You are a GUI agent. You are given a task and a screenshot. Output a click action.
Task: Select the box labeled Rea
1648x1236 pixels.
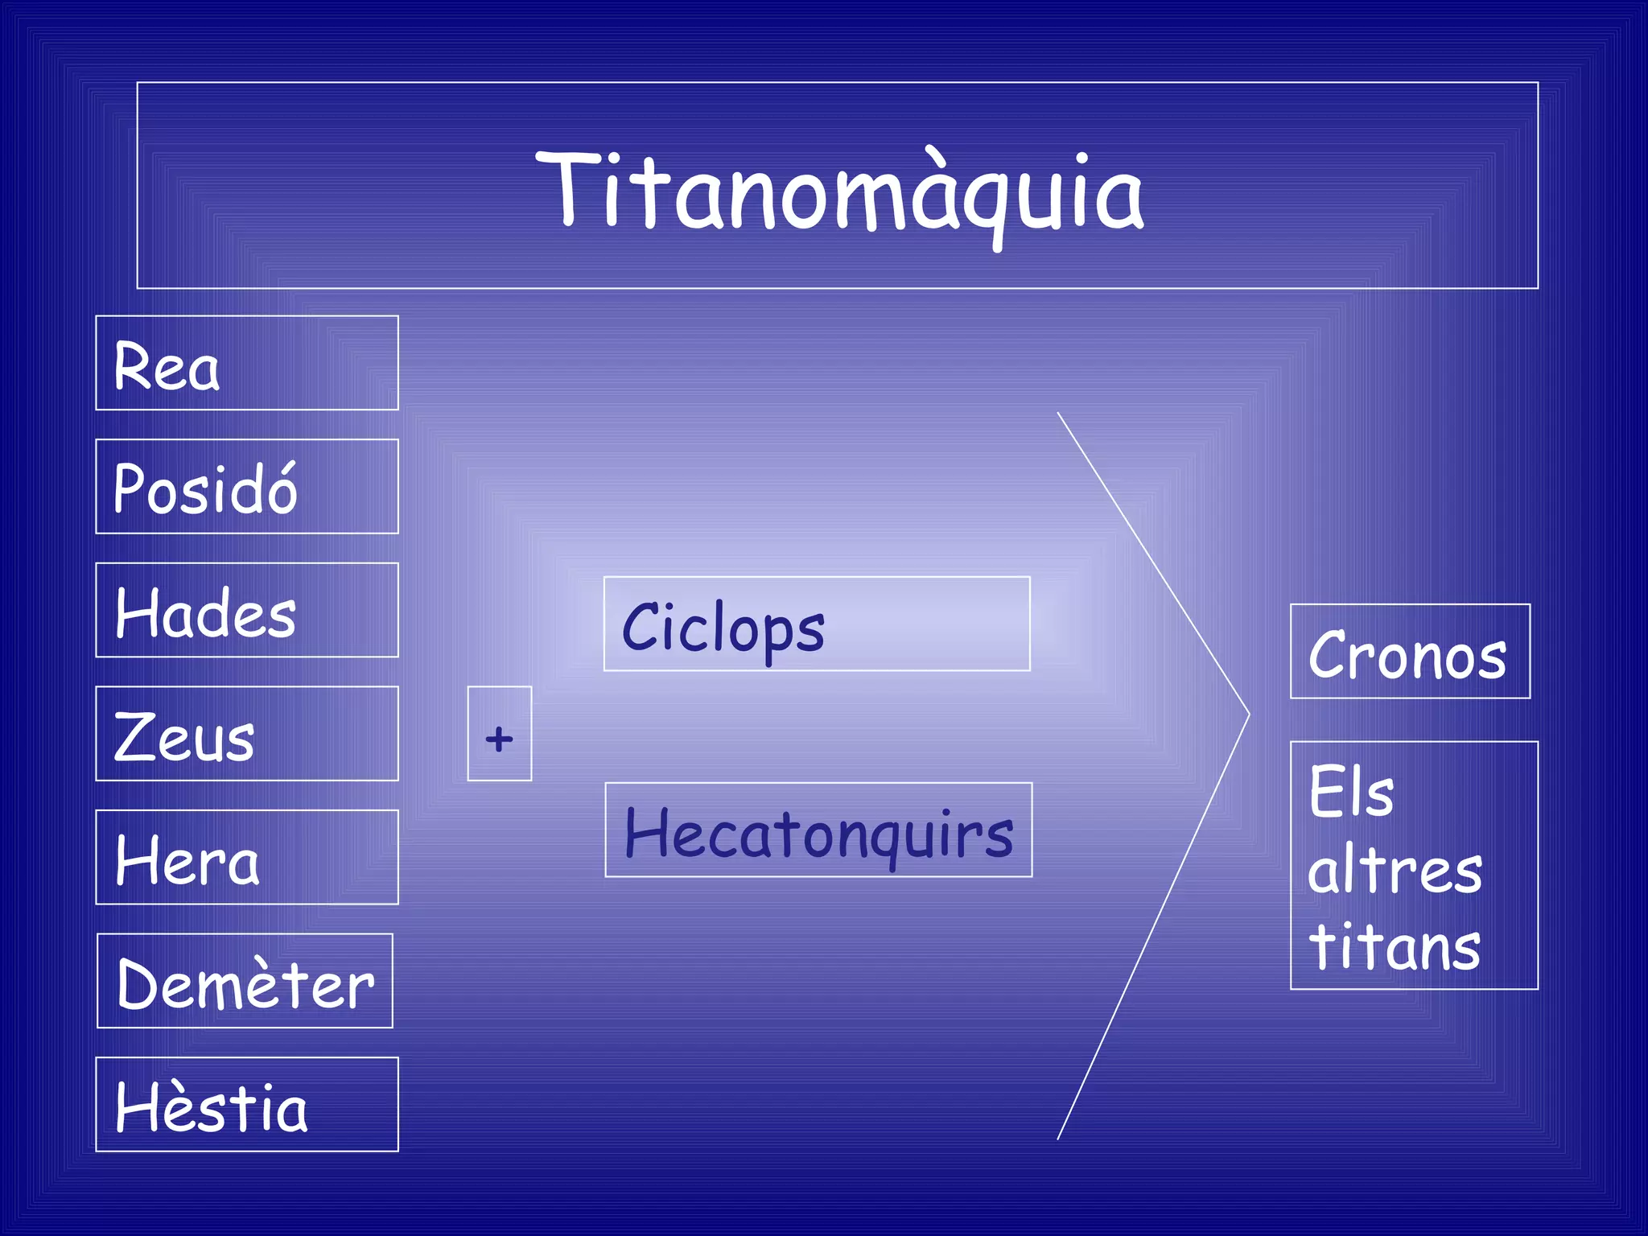pos(246,363)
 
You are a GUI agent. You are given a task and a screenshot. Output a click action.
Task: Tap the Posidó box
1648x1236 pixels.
pos(246,487)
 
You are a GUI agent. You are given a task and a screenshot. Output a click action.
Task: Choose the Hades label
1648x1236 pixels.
pos(246,610)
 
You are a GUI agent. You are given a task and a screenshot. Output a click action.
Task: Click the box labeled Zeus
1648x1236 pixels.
pos(246,734)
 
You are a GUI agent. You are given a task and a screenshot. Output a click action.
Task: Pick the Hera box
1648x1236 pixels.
pos(246,857)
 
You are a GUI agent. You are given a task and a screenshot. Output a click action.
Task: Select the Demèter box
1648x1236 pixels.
pos(245,981)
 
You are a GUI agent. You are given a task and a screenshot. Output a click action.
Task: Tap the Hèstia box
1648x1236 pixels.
pos(246,1104)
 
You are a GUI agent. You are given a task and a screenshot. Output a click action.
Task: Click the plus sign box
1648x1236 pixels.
pos(499,734)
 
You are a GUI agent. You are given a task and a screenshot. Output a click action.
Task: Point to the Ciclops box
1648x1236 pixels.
pos(816,624)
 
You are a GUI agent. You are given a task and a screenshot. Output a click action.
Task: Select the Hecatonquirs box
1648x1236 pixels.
pos(818,830)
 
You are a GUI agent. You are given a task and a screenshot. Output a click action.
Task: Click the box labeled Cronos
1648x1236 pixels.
pos(1409,652)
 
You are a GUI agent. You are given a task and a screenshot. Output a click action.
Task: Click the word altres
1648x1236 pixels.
pos(1394,871)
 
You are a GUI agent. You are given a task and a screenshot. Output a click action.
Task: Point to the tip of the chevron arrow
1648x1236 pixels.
pos(1248,713)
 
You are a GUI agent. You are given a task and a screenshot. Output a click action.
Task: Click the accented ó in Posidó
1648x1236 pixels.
pos(281,491)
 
